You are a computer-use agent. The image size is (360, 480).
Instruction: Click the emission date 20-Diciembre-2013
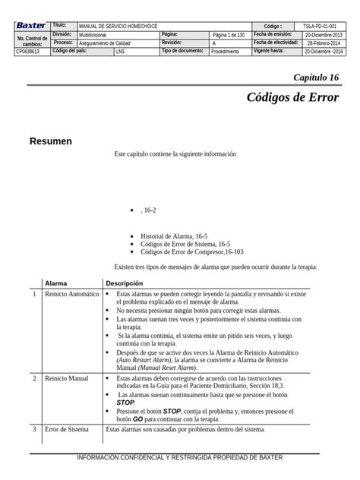324,35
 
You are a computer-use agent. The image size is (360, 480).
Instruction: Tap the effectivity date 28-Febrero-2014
324,43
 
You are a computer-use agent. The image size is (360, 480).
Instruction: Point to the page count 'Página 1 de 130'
229,35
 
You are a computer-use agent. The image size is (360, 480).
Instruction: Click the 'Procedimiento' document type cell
225,52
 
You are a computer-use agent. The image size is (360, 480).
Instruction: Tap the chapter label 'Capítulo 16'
316,78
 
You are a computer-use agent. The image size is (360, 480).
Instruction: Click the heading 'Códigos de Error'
292,99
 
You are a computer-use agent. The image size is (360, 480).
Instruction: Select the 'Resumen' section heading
50,141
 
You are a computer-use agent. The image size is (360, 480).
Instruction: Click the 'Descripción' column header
124,283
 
